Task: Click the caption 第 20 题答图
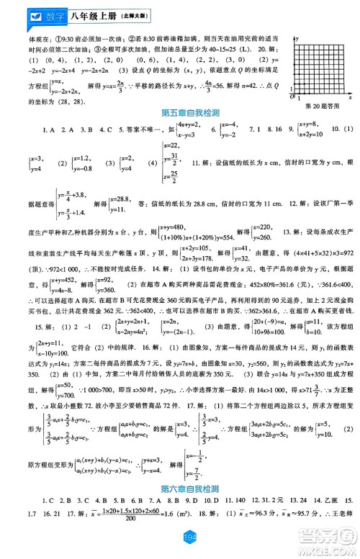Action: pyautogui.click(x=320, y=105)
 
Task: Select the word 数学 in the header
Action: pyautogui.click(x=35, y=12)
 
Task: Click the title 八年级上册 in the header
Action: pyautogui.click(x=76, y=12)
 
